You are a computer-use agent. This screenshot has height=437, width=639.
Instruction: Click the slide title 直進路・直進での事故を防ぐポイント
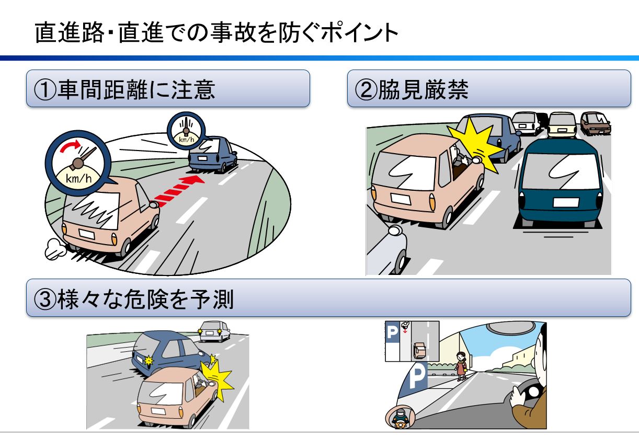216,32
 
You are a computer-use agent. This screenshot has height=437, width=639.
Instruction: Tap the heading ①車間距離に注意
124,89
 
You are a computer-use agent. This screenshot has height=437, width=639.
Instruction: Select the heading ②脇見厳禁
412,89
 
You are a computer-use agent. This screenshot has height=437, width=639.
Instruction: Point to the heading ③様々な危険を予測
133,299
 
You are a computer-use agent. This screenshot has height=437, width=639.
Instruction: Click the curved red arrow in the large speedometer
71,145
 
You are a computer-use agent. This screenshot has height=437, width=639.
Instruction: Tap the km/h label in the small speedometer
187,140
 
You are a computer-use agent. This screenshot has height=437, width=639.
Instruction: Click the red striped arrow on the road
178,190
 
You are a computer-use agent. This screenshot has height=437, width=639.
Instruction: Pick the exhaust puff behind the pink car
55,249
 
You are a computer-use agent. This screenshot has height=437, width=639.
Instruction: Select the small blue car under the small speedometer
212,154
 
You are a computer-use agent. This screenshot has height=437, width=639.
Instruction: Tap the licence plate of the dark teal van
566,202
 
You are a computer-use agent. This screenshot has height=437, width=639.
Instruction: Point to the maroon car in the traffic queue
596,123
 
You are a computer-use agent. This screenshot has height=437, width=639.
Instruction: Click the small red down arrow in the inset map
405,330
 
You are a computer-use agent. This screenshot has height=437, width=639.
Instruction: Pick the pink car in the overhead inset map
419,350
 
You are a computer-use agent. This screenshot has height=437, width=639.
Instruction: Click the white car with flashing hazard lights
214,331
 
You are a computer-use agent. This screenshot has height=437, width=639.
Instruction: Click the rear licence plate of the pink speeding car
87,234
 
